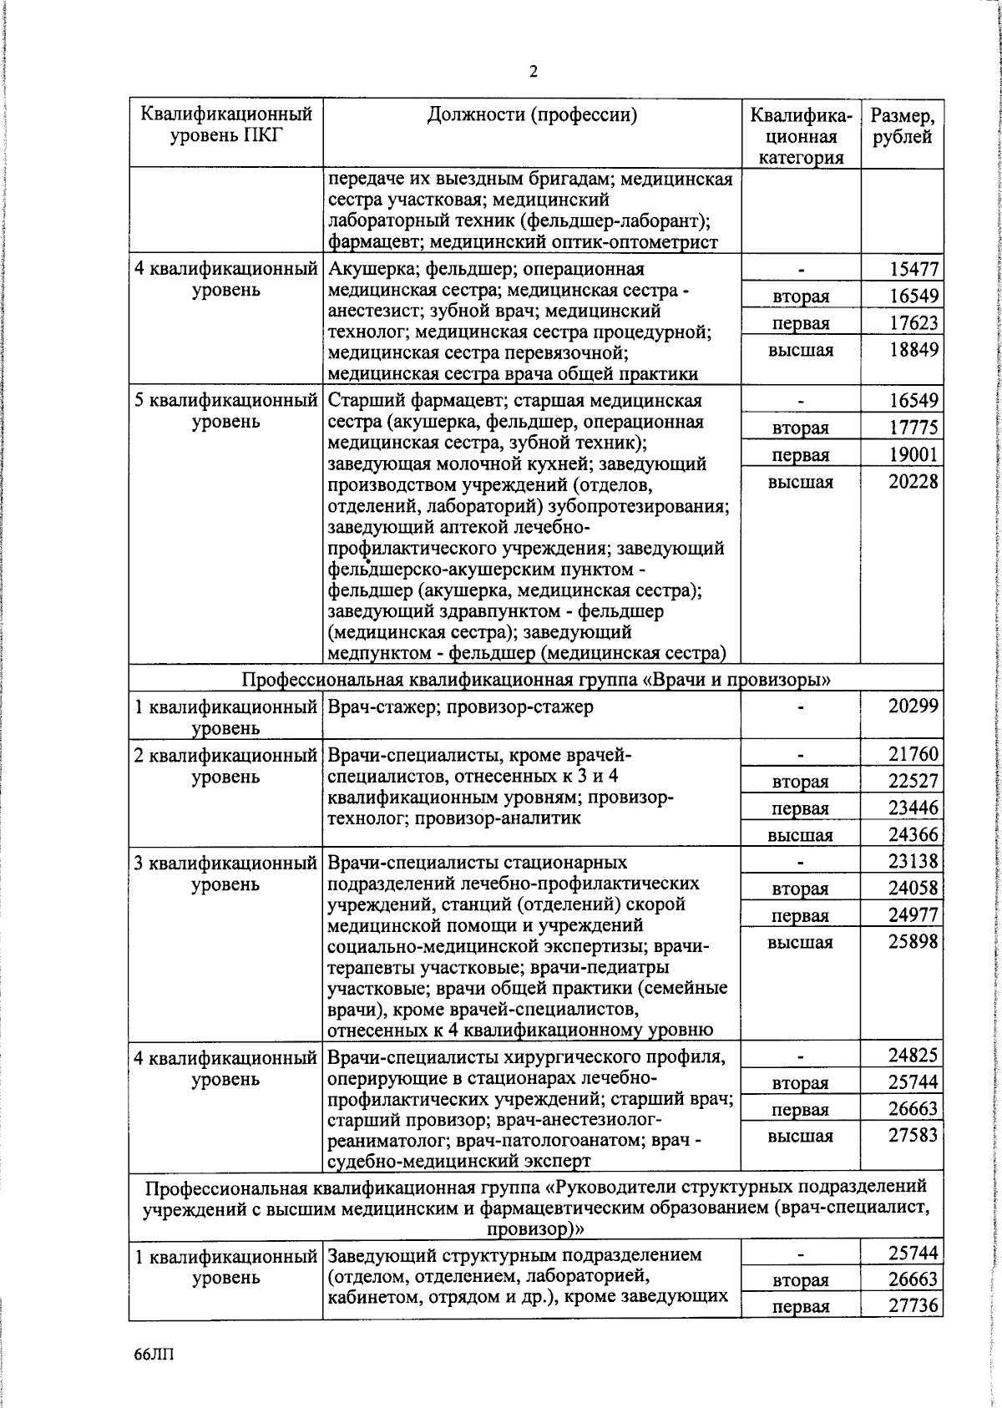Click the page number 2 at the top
[533, 72]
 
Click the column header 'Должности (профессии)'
[532, 115]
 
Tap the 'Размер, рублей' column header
[902, 126]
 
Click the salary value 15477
[913, 269]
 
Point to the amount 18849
[913, 349]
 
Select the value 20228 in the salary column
[913, 482]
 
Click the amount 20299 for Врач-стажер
[913, 707]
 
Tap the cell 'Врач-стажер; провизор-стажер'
[461, 707]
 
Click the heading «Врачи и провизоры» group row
[536, 679]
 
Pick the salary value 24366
[913, 834]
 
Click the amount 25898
[913, 941]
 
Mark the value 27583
[913, 1135]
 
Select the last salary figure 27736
[913, 1306]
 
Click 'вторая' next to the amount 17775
[800, 428]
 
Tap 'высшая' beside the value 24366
[800, 835]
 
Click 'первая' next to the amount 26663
[800, 1110]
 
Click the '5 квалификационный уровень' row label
[226, 411]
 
